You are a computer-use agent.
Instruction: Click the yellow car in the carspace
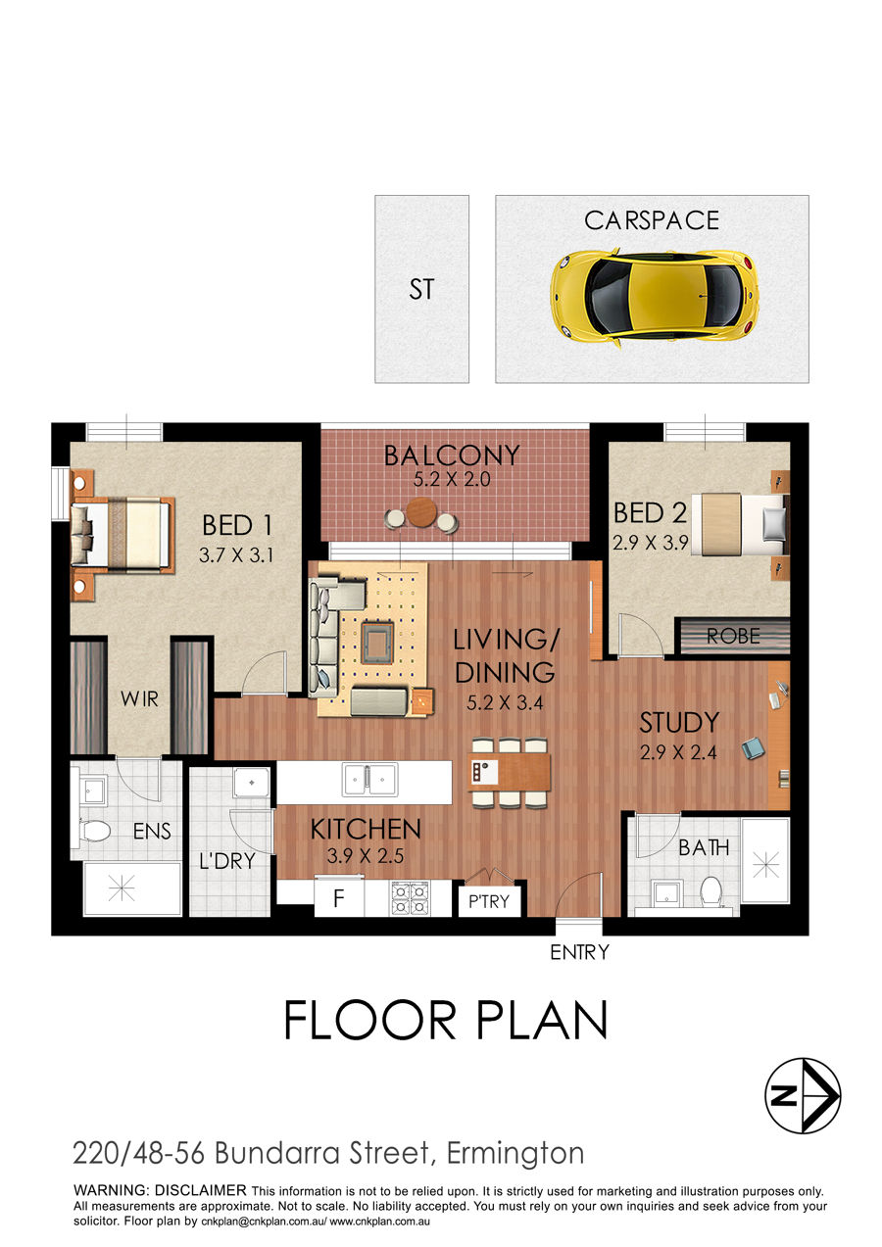coord(655,299)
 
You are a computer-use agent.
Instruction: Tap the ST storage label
coord(421,290)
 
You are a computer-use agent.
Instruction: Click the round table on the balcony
coord(422,511)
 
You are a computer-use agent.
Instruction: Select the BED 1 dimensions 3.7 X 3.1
coord(236,555)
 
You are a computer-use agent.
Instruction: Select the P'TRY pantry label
coord(489,902)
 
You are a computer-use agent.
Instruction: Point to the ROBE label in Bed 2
coord(733,637)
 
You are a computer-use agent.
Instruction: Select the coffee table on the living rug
coord(378,643)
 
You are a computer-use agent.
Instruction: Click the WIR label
coord(139,698)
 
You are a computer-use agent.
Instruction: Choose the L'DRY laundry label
coord(227,861)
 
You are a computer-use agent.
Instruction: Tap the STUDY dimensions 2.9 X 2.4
coord(678,752)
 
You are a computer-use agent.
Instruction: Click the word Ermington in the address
coord(515,1154)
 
